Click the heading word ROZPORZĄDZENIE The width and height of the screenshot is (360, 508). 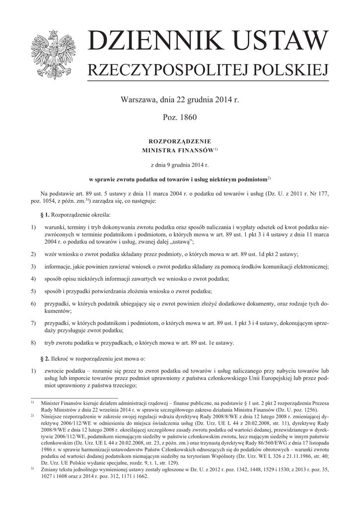coord(180,141)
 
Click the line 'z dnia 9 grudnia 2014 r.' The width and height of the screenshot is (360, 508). coord(180,163)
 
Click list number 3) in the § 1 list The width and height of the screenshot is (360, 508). coord(34,267)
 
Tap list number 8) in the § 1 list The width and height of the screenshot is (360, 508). coord(34,343)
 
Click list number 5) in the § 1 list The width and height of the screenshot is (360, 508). coord(34,291)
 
